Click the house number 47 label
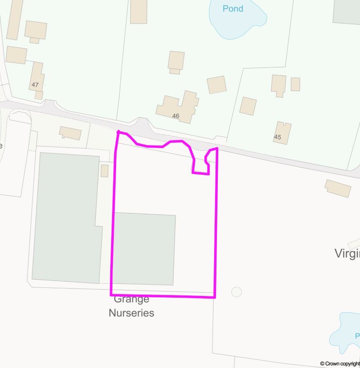tap(36, 85)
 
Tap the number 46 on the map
tap(175, 116)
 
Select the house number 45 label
tap(277, 137)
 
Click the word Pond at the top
tap(233, 9)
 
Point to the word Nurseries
tap(131, 313)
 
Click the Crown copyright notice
tap(340, 363)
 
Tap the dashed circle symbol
tap(236, 292)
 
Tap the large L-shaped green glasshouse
tap(65, 216)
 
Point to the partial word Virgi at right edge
tap(347, 254)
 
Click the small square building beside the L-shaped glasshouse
tap(104, 171)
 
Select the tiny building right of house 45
tap(295, 84)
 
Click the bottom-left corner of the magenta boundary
tap(111, 295)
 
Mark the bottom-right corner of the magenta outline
tap(215, 297)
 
